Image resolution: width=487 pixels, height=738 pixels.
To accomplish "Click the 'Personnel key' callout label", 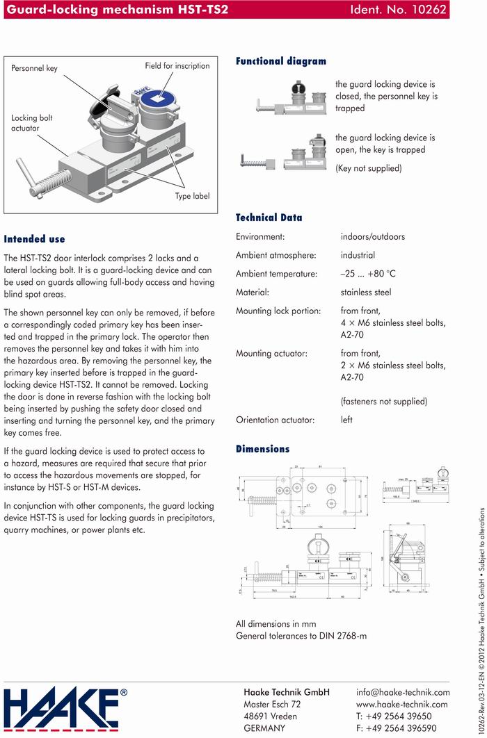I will pyautogui.click(x=34, y=69).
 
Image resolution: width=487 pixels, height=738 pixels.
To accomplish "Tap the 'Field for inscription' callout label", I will pyautogui.click(x=177, y=66).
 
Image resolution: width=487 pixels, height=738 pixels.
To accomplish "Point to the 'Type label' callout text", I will pyautogui.click(x=192, y=197).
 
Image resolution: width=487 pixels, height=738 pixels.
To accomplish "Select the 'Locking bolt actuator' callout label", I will pyautogui.click(x=32, y=123).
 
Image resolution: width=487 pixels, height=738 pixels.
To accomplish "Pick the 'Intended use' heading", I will pyautogui.click(x=35, y=238).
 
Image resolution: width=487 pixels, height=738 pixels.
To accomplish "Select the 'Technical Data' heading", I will pyautogui.click(x=269, y=218).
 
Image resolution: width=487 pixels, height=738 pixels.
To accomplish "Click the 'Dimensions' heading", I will pyautogui.click(x=263, y=449).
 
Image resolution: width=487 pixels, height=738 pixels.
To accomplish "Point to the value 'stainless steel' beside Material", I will pyautogui.click(x=366, y=293).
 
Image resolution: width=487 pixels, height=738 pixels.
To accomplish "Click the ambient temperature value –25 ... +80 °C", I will pyautogui.click(x=368, y=274).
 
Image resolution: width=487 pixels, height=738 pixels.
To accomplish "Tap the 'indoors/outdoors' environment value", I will pyautogui.click(x=373, y=237).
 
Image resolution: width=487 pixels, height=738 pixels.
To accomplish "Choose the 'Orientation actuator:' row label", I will pyautogui.click(x=276, y=420).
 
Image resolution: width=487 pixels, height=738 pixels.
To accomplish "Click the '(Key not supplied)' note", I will pyautogui.click(x=368, y=168).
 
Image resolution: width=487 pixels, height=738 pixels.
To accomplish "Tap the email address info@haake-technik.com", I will pyautogui.click(x=403, y=692).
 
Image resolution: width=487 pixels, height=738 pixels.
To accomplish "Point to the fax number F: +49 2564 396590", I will pyautogui.click(x=397, y=728).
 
